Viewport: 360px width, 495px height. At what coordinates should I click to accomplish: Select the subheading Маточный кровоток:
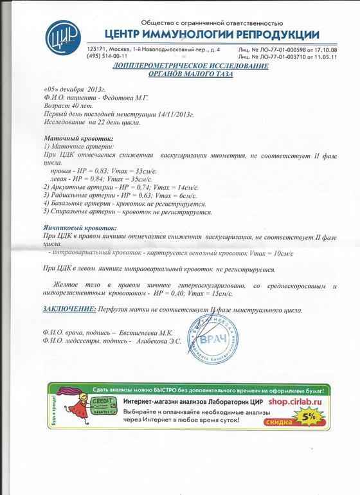tap(78, 138)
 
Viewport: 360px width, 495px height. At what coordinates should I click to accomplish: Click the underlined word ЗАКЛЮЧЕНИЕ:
tap(69, 310)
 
